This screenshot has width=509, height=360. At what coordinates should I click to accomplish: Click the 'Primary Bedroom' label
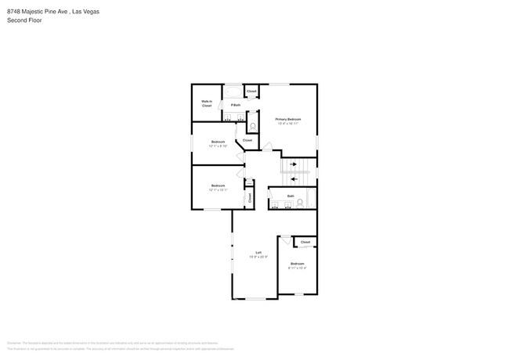(x=287, y=119)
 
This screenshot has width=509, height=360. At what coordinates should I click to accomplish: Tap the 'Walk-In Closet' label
(x=207, y=103)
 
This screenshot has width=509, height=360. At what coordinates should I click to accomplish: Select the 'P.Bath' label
(x=234, y=105)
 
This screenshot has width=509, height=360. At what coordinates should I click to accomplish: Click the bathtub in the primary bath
(x=234, y=92)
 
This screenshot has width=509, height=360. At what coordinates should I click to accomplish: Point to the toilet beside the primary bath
(x=253, y=125)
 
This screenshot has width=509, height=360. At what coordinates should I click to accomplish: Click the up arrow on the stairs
(x=294, y=164)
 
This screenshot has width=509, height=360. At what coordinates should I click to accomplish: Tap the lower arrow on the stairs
(x=294, y=178)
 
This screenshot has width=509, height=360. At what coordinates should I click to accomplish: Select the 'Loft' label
(x=258, y=252)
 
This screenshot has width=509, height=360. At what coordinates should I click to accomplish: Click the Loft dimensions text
(x=258, y=257)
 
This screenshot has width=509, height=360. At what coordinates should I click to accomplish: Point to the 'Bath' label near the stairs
(x=291, y=196)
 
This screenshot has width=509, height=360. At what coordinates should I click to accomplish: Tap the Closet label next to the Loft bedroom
(x=305, y=242)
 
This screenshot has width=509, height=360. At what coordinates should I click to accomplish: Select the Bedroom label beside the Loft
(x=297, y=264)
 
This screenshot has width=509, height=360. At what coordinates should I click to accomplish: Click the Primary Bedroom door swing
(x=267, y=146)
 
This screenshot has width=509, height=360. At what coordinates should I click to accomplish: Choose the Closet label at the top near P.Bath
(x=251, y=92)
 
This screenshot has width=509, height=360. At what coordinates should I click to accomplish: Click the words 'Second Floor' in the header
(x=24, y=20)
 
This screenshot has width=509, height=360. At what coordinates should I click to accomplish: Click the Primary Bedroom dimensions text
(x=287, y=124)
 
